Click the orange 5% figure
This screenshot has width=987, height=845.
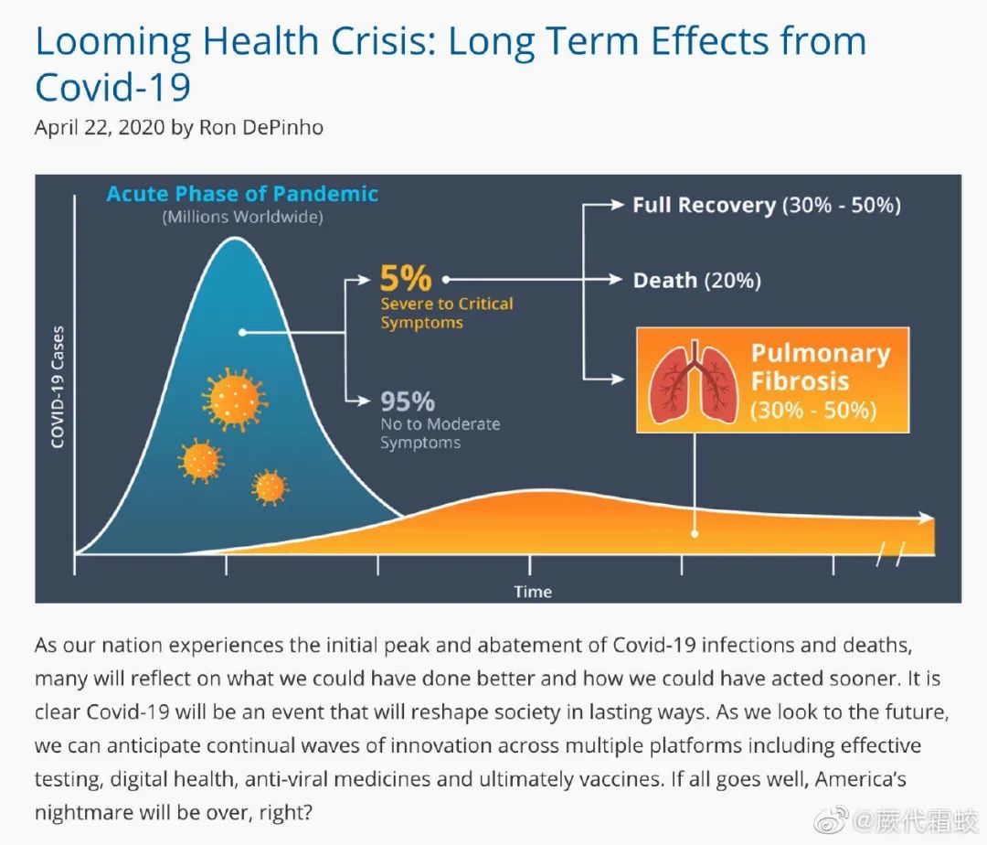405,278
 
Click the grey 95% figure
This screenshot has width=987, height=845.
407,401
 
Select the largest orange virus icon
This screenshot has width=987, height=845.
236,399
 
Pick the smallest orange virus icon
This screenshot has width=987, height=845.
270,487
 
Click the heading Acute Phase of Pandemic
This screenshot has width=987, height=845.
242,194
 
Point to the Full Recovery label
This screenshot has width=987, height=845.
704,205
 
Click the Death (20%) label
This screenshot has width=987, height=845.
696,280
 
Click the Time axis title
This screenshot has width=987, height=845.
533,591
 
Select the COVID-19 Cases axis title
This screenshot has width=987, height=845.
58,387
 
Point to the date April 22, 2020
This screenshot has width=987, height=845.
101,127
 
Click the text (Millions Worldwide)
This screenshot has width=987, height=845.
242,218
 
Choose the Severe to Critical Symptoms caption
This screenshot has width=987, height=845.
446,313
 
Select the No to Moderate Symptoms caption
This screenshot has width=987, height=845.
440,433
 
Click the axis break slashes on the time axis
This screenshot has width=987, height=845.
890,552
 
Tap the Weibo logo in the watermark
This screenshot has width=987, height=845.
831,820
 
